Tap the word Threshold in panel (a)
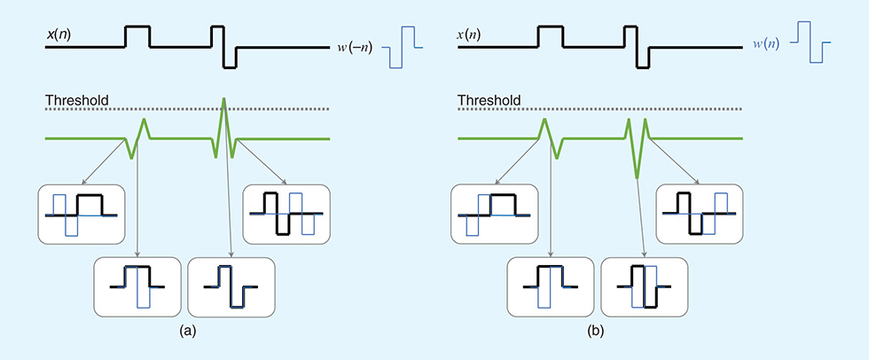point(77,100)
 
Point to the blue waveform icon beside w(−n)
point(403,47)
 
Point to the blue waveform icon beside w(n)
point(810,47)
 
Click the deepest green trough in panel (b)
point(638,176)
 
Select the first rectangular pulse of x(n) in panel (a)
point(137,36)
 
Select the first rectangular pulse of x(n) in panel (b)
point(550,36)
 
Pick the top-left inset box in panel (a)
point(79,213)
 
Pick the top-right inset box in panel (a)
point(286,213)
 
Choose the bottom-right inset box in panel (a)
point(232,286)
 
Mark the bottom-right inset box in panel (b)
point(644,286)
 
